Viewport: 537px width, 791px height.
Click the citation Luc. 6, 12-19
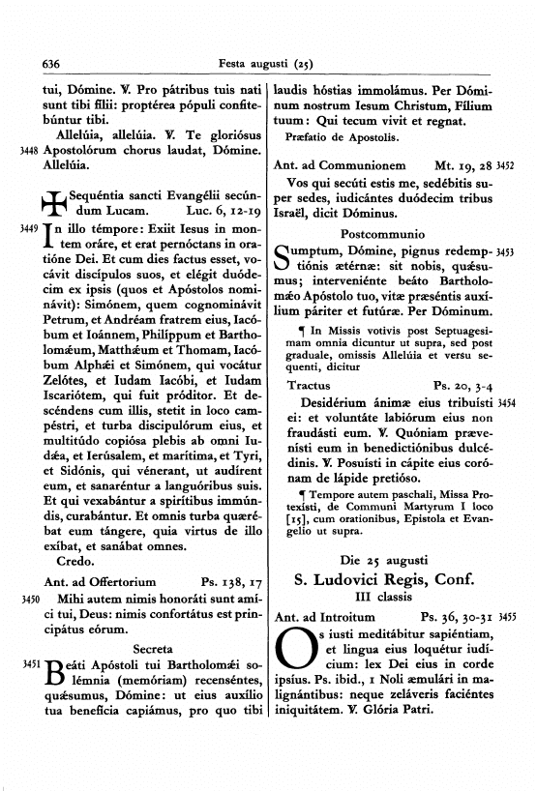point(221,209)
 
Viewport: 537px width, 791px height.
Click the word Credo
point(75,560)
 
